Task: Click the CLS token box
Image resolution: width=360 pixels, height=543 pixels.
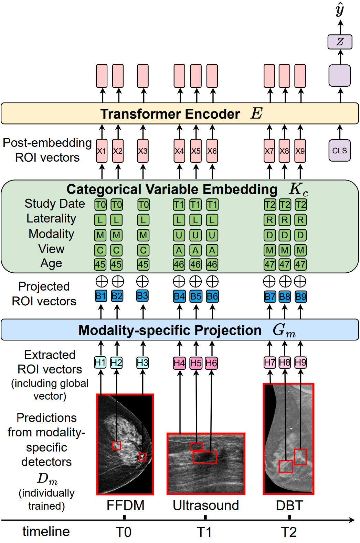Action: (x=339, y=151)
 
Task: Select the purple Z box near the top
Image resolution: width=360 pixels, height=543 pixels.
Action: (x=340, y=42)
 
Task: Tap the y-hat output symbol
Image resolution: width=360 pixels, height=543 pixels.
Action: (x=340, y=9)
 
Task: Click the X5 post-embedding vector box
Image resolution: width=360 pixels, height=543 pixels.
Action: (x=196, y=151)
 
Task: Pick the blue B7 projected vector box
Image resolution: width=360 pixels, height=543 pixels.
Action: (x=270, y=296)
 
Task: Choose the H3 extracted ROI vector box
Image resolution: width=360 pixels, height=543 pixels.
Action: (x=142, y=363)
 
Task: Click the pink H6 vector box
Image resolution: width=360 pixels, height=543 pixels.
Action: (x=211, y=363)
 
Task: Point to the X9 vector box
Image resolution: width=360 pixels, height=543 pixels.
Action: (x=300, y=151)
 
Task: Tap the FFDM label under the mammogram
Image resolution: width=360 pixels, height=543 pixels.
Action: (x=125, y=505)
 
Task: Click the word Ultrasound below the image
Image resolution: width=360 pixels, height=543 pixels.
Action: (x=205, y=505)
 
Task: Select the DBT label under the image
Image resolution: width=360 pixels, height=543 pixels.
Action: (x=289, y=505)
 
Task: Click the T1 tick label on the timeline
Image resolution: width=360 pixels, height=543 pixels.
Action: (x=204, y=532)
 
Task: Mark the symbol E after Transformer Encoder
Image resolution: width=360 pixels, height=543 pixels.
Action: (x=256, y=113)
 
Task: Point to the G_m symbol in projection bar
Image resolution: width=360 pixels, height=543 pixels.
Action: (x=284, y=330)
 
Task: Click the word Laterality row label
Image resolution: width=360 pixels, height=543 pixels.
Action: (x=51, y=218)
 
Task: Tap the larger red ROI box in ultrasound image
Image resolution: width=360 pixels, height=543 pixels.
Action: (x=205, y=457)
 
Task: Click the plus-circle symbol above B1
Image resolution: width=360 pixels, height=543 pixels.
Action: (x=102, y=281)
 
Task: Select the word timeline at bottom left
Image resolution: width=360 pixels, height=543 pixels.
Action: (x=46, y=531)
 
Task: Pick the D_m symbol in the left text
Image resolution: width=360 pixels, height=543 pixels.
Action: (x=47, y=478)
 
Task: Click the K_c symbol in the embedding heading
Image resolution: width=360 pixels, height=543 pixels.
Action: (x=298, y=189)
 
